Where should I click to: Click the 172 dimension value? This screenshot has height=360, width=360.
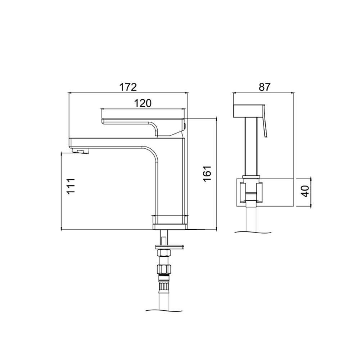pos(128,87)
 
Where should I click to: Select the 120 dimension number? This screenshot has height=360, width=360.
pos(143,103)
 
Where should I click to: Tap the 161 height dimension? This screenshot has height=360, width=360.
pos(207,173)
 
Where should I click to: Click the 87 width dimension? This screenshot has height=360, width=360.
pos(265,87)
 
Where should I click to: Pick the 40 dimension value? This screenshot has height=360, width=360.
pos(306,191)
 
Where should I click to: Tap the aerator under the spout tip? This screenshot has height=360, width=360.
pos(80,151)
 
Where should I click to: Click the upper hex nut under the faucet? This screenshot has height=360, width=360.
pos(163,253)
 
